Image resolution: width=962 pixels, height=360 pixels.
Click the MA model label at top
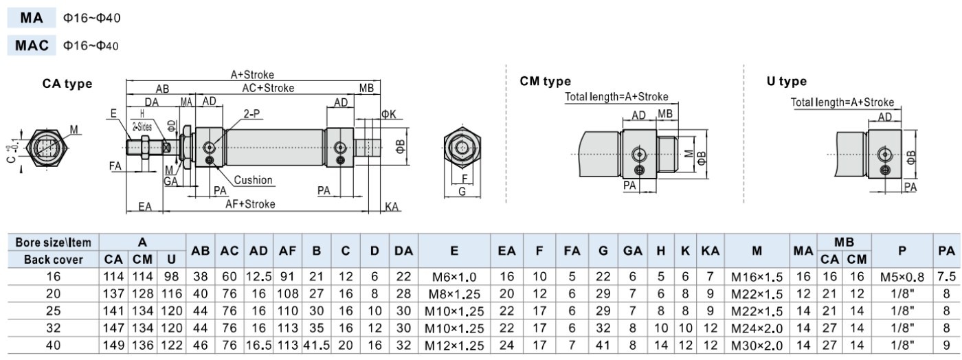(x=32, y=18)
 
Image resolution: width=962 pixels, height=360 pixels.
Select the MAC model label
(x=32, y=45)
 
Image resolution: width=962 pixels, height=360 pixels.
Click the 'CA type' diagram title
(x=67, y=83)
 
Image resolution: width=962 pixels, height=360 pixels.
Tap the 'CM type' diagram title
(x=545, y=81)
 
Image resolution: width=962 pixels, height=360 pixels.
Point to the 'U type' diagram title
(x=786, y=81)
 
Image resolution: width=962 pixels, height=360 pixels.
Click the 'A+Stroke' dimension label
(x=252, y=74)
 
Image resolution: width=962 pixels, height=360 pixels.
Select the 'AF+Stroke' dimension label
(x=250, y=203)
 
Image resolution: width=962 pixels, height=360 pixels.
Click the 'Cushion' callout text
(x=253, y=180)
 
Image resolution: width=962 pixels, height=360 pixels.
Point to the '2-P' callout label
(x=251, y=114)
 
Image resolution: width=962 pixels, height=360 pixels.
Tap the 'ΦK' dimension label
(x=389, y=114)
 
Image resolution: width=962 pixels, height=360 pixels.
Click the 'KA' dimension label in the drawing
(x=391, y=207)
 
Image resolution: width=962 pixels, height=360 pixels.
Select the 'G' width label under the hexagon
(x=462, y=191)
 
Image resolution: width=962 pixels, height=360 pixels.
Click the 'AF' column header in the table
(x=287, y=251)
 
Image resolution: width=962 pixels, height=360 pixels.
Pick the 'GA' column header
(x=633, y=251)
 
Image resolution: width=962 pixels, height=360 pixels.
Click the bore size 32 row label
(x=54, y=328)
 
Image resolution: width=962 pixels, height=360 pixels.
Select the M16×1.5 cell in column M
(x=757, y=277)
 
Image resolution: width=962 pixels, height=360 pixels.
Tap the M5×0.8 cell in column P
(x=902, y=277)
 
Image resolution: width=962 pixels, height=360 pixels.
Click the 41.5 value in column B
(x=317, y=346)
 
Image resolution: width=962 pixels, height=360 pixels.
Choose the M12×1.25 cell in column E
(x=454, y=346)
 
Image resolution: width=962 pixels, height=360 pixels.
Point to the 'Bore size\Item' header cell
(x=54, y=243)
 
